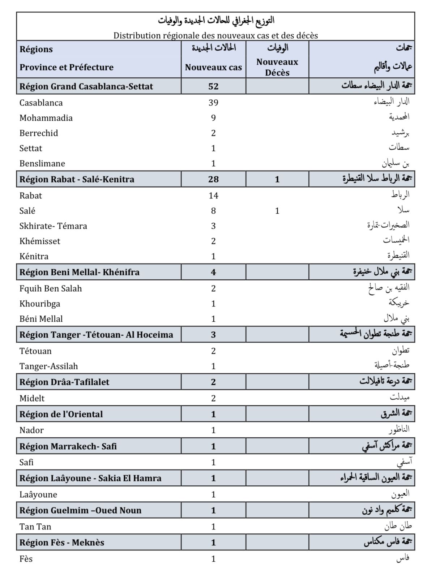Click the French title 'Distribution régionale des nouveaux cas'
click(215, 35)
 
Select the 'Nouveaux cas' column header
click(213, 67)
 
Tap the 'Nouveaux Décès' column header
click(277, 67)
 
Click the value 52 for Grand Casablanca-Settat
click(213, 86)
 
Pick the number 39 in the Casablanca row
click(213, 103)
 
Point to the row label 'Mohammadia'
click(46, 118)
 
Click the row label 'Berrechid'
click(39, 133)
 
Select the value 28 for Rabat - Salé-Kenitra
click(213, 179)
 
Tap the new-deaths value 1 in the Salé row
click(277, 211)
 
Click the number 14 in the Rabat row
click(213, 196)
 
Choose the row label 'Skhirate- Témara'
click(53, 226)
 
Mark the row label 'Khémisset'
click(40, 241)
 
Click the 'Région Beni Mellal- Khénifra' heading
click(80, 272)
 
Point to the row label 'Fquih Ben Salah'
click(51, 288)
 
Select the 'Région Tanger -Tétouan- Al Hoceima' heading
click(96, 335)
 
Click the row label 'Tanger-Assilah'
click(48, 366)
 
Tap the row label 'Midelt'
click(32, 398)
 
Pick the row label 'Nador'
click(31, 430)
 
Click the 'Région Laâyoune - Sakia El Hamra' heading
click(90, 478)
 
